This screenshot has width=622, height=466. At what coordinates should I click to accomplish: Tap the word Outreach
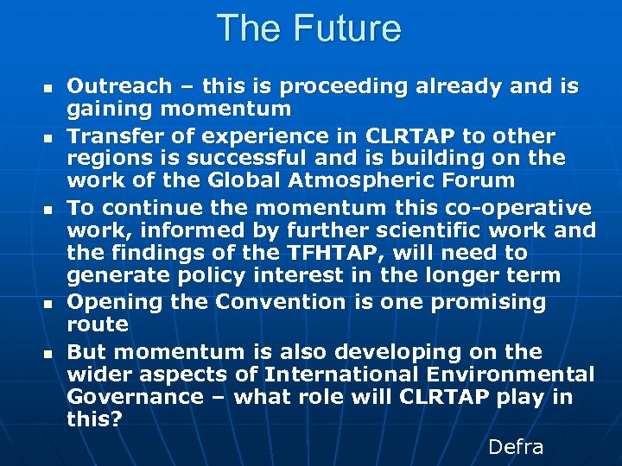(108, 86)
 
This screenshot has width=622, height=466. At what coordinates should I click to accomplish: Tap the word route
(98, 324)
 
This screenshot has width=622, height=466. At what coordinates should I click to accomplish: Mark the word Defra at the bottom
(516, 447)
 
